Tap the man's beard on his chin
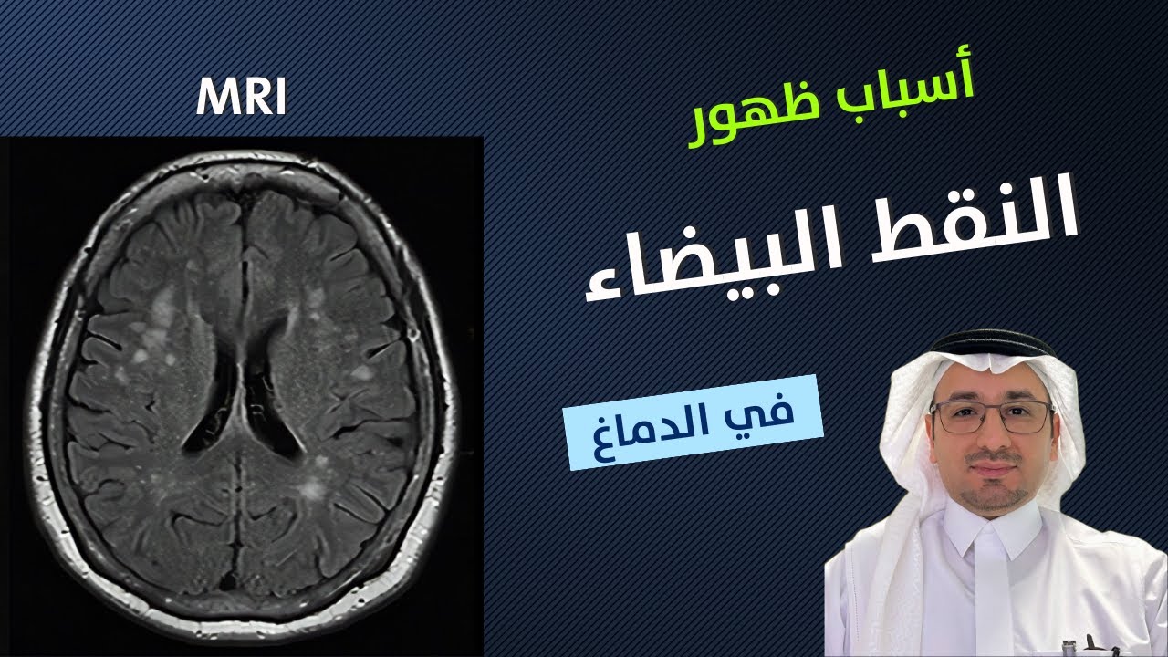coord(994,497)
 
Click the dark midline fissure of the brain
coord(239,228)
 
